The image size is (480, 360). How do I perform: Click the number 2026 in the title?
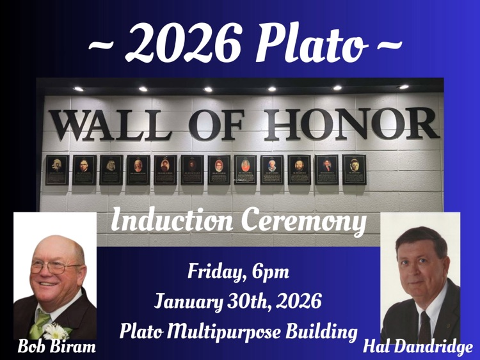185,43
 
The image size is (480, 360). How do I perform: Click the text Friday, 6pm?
238,272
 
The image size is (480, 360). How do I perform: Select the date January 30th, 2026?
238,300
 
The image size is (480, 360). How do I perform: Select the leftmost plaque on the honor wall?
57,170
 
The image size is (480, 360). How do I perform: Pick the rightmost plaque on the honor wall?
354,169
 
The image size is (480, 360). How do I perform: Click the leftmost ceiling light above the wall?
78,88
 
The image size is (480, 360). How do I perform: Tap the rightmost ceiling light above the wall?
404,86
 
